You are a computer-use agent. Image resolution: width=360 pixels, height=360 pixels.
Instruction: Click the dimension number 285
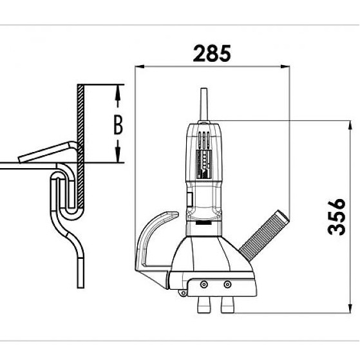(212, 53)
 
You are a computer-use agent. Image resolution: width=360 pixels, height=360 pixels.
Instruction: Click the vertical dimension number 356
(337, 217)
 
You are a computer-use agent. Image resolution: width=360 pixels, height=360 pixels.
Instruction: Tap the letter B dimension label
(118, 125)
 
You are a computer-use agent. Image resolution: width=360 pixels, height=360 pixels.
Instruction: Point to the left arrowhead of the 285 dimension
(140, 66)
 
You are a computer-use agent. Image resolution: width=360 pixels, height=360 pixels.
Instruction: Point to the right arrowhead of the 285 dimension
(285, 66)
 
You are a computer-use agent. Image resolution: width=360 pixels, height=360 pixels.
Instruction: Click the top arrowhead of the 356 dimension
(350, 126)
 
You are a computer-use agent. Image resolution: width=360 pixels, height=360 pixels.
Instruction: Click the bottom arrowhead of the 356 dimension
(350, 308)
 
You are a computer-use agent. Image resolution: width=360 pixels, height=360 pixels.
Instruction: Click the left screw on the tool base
(204, 285)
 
